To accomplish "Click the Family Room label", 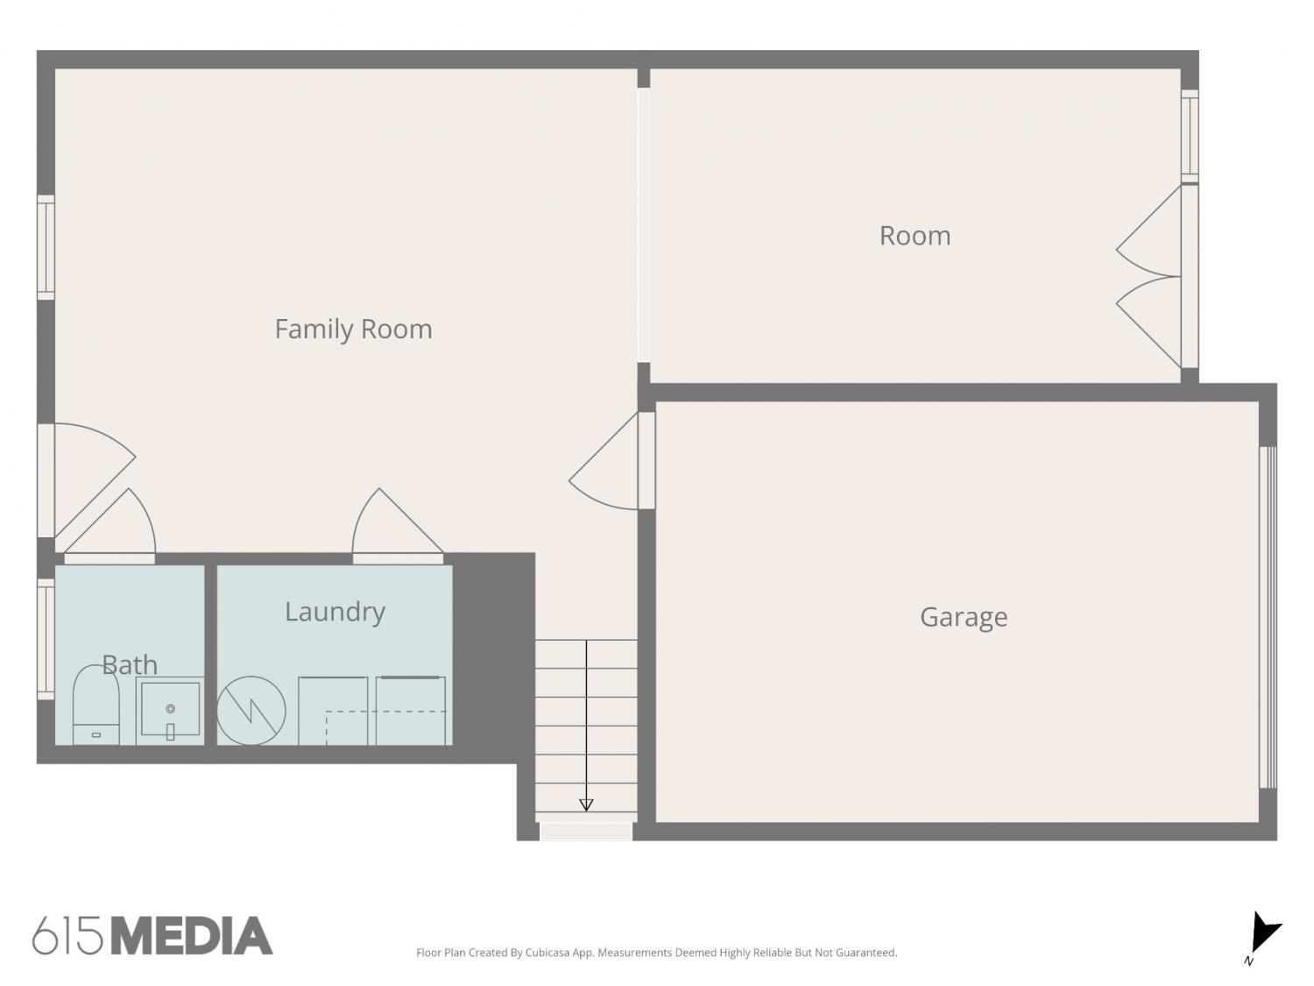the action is [353, 330].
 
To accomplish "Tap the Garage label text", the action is [964, 617].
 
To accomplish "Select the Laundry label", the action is [336, 612].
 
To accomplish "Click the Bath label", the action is [130, 664].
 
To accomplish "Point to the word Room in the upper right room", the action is [915, 235].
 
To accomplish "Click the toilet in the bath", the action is [95, 706].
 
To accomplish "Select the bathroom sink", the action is [170, 711].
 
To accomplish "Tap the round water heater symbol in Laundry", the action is [251, 711].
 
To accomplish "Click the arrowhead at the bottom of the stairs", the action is [586, 805].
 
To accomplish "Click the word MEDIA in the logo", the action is [192, 936].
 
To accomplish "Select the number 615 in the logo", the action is [67, 936].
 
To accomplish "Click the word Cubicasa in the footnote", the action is [547, 953].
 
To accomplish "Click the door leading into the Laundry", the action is [398, 526].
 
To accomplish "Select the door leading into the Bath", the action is [109, 526].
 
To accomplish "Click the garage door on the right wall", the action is [1268, 617].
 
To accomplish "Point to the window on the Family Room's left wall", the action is [46, 247].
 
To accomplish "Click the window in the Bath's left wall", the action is [46, 639].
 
